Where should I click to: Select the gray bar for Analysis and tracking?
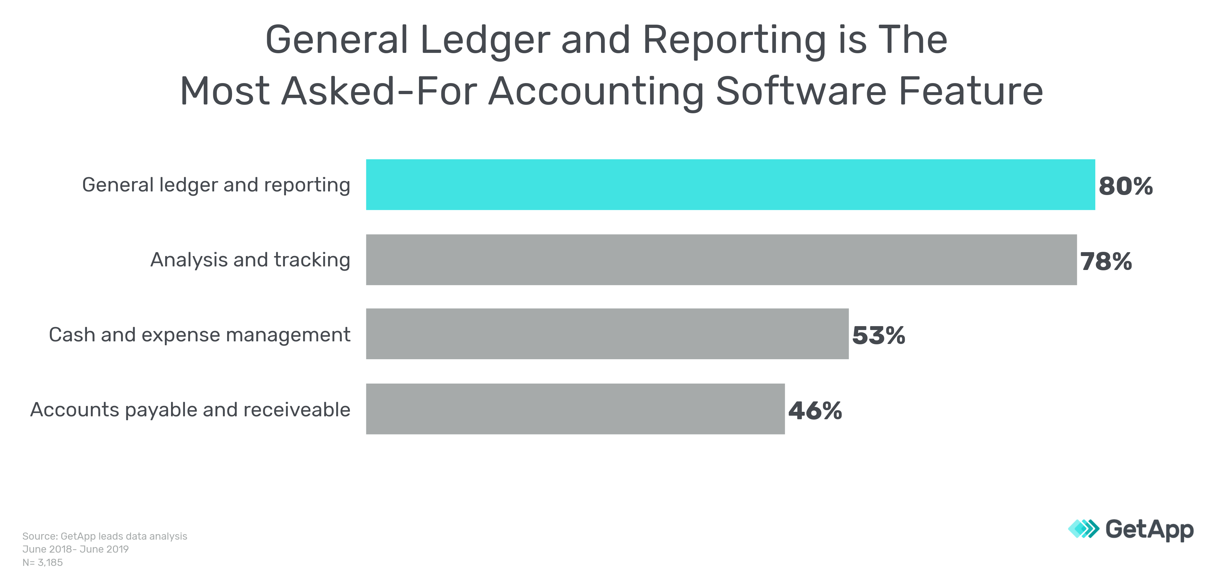(721, 260)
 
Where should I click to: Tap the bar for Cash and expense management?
(607, 334)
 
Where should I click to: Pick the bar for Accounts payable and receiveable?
(575, 409)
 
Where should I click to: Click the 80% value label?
(1125, 186)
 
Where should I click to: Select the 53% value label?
(878, 335)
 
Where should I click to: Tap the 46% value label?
(815, 410)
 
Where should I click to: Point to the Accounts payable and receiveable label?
(190, 410)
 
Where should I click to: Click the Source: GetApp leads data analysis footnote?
(104, 536)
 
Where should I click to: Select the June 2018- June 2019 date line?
(75, 549)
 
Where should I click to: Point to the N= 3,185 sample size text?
(43, 562)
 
